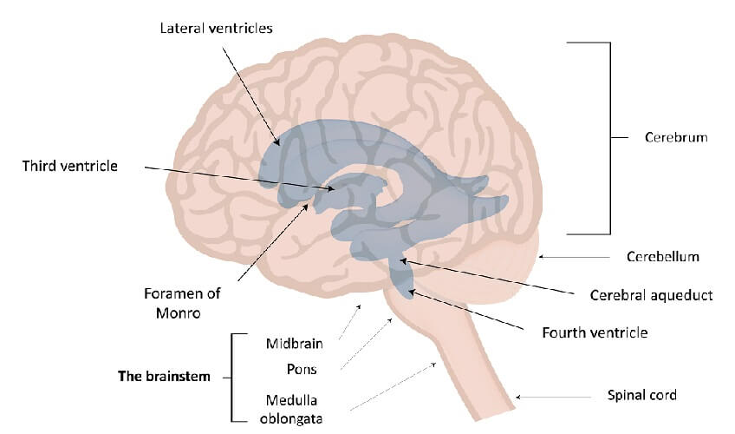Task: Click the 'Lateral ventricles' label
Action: (x=216, y=28)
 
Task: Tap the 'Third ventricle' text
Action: (x=70, y=166)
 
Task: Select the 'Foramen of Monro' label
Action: (x=182, y=303)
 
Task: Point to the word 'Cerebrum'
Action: (x=676, y=137)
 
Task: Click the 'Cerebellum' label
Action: (x=663, y=257)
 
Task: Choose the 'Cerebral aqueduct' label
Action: (x=651, y=295)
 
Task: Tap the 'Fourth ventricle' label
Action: (x=595, y=332)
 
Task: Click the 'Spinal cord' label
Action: (x=642, y=395)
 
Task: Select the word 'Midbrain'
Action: (x=295, y=344)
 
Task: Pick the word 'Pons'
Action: (x=302, y=369)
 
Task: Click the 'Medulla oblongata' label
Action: (x=291, y=409)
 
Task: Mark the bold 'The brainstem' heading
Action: (x=164, y=377)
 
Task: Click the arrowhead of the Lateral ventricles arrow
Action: (x=277, y=141)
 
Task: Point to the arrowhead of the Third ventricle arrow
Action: (x=331, y=188)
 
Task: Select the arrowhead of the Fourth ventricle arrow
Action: (x=411, y=293)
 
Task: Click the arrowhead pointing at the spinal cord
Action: (x=518, y=397)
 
